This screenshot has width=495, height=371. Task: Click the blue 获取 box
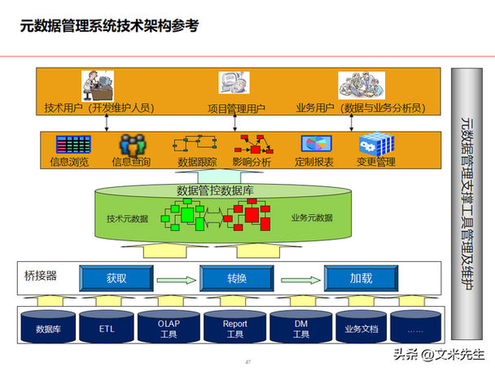116,278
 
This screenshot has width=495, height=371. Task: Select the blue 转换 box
237,278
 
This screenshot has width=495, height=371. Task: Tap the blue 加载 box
361,278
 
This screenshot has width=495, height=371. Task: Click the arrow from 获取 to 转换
177,280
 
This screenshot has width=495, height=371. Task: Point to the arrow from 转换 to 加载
300,280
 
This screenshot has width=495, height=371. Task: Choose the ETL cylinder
107,327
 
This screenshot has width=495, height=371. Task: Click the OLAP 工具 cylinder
169,327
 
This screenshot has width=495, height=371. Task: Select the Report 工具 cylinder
234,327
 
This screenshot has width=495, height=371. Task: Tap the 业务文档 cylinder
361,327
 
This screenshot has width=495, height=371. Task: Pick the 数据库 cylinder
48,327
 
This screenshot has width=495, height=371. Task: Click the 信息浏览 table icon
73,145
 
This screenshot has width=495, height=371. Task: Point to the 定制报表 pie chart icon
317,143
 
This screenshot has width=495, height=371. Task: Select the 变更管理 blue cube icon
377,144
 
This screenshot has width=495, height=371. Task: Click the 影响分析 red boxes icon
254,145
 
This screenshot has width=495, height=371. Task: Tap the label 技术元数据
127,219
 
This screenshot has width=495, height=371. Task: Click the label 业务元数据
312,218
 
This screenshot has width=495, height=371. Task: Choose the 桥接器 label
41,276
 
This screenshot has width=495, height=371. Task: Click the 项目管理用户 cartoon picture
234,83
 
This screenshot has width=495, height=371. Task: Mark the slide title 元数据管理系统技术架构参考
109,26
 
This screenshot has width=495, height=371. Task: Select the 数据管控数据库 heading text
215,190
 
